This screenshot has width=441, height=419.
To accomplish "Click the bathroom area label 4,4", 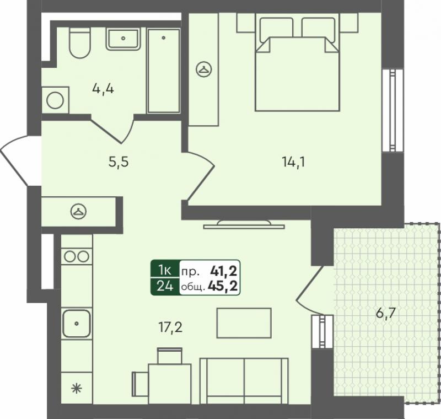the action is coord(103,89).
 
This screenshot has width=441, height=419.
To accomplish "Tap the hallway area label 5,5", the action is coord(119,162).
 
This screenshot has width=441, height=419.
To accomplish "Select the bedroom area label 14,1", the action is coord(293,162).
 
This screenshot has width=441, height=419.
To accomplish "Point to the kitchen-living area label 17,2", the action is coord(170,327).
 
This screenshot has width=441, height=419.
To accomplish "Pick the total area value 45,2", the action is coord(223,286).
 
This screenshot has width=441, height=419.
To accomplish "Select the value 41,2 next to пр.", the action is coord(224,271).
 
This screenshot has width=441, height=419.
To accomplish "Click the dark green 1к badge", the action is coord(165,270).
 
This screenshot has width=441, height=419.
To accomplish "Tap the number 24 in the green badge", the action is coord(165,286).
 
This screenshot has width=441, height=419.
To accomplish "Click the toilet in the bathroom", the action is coord(80,42).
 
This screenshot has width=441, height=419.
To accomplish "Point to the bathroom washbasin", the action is coord(123,39).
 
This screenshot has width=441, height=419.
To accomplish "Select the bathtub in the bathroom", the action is coord(164,71).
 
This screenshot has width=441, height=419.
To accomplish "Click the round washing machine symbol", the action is coord(55,101).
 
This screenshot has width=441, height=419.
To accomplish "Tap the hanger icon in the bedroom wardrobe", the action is coord(204,69).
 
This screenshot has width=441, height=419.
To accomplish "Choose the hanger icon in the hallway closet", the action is coord(78,212).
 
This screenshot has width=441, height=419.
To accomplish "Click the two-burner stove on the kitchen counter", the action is coord(77,256).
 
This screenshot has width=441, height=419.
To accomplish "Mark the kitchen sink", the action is coord(77,324).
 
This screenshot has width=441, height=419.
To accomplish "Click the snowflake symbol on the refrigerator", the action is coord(77,389).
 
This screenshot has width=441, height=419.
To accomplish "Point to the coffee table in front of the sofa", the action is coord(244,323).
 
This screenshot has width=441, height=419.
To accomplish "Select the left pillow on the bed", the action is coord(276,30).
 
